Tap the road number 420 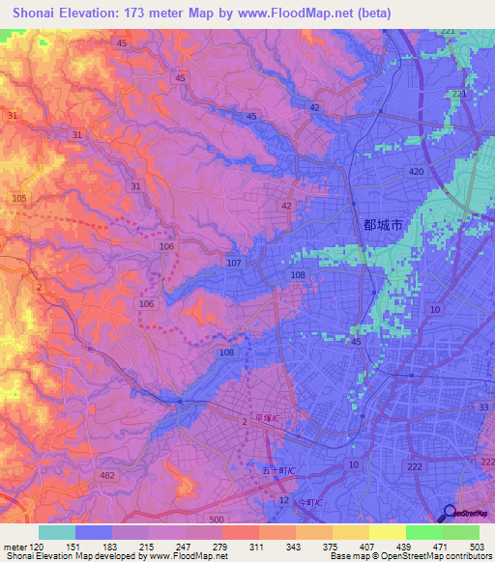[416, 171]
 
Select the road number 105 [18, 198]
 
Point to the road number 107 [233, 263]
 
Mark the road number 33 [483, 407]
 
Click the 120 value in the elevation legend [38, 547]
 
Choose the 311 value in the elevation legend [256, 547]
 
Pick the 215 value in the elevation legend [147, 547]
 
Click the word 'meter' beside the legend [15, 547]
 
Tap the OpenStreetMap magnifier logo [450, 514]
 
